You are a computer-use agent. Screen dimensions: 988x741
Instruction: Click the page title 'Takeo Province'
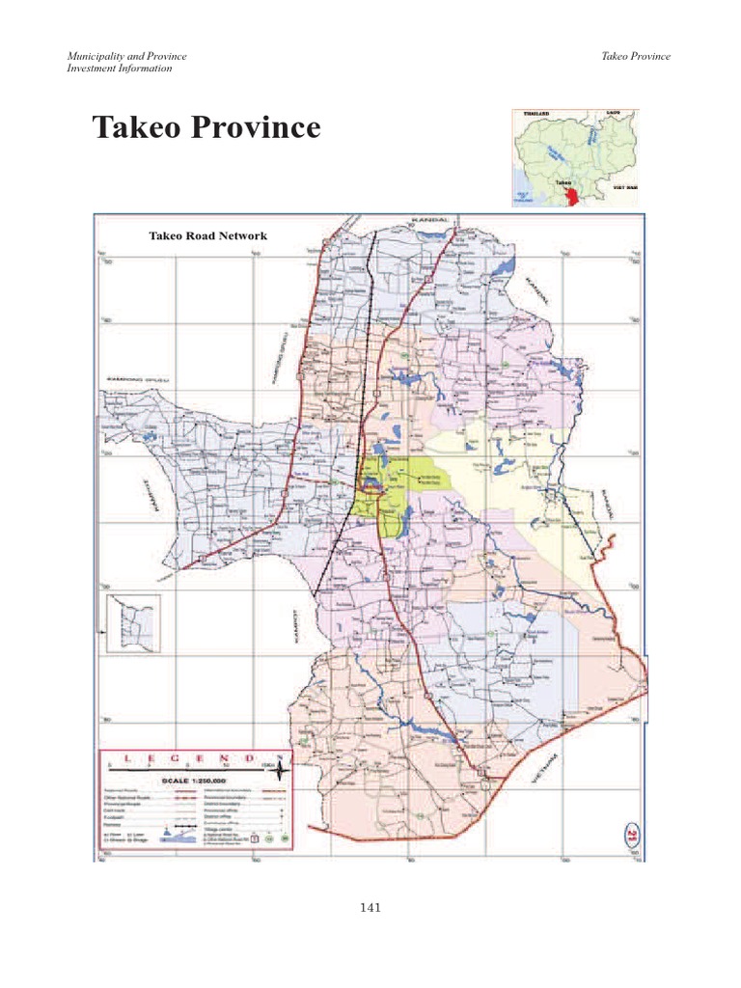206,127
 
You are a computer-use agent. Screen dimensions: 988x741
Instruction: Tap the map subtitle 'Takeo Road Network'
206,235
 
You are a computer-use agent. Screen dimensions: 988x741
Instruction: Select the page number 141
370,906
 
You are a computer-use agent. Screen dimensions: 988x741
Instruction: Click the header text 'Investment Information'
120,69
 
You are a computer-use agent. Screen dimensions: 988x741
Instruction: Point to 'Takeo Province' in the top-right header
635,56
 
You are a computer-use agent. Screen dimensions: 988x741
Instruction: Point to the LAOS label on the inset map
613,114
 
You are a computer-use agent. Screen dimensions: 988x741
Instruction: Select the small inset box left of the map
133,624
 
